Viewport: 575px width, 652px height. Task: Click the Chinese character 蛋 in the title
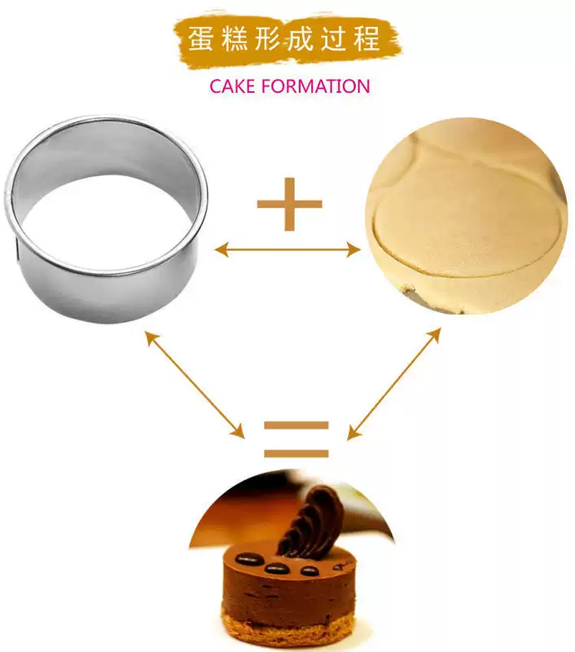[x=201, y=39]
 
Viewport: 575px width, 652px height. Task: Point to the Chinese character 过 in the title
[x=333, y=39]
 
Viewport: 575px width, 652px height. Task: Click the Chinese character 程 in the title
[x=367, y=39]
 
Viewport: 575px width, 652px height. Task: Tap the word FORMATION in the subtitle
[x=315, y=86]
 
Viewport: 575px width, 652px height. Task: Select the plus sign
[x=290, y=205]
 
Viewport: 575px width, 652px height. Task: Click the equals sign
[x=296, y=439]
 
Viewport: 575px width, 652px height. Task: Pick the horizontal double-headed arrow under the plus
[x=287, y=250]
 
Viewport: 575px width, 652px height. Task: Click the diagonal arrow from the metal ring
[x=195, y=384]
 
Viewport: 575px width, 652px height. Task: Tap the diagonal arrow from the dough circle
[x=394, y=383]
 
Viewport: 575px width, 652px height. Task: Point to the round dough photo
[x=467, y=216]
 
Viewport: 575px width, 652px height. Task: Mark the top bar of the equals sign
[x=296, y=425]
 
